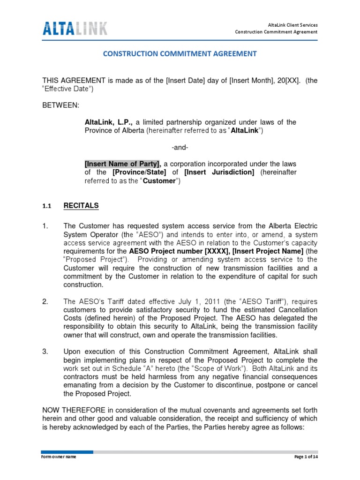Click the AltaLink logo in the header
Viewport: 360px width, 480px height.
tap(75, 28)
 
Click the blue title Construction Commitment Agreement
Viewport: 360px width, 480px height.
tap(180, 54)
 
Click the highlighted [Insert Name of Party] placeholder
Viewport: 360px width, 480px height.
tap(123, 164)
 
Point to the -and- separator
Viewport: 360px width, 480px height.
tap(180, 147)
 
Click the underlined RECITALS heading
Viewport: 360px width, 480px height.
tap(81, 205)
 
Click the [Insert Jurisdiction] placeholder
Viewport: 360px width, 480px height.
tap(219, 172)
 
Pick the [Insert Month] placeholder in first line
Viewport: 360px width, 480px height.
tap(228, 81)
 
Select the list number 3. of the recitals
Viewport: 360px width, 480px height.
tap(45, 352)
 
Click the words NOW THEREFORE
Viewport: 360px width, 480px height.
tap(71, 410)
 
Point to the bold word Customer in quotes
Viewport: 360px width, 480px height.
tap(158, 181)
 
